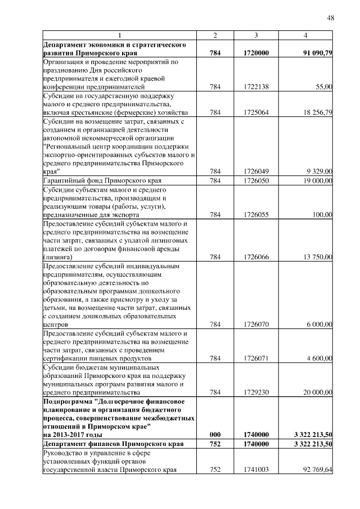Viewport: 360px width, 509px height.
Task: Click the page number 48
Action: click(x=331, y=18)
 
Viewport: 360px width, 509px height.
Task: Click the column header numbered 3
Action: click(x=256, y=36)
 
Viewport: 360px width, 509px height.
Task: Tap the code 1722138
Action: click(x=256, y=87)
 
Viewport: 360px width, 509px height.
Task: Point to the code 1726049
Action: click(x=256, y=172)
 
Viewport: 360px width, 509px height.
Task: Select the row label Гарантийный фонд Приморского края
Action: click(x=102, y=181)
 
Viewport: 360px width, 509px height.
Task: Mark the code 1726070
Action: click(x=256, y=325)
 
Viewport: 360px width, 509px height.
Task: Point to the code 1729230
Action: click(x=256, y=392)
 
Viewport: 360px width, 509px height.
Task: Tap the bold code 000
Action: click(x=215, y=435)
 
